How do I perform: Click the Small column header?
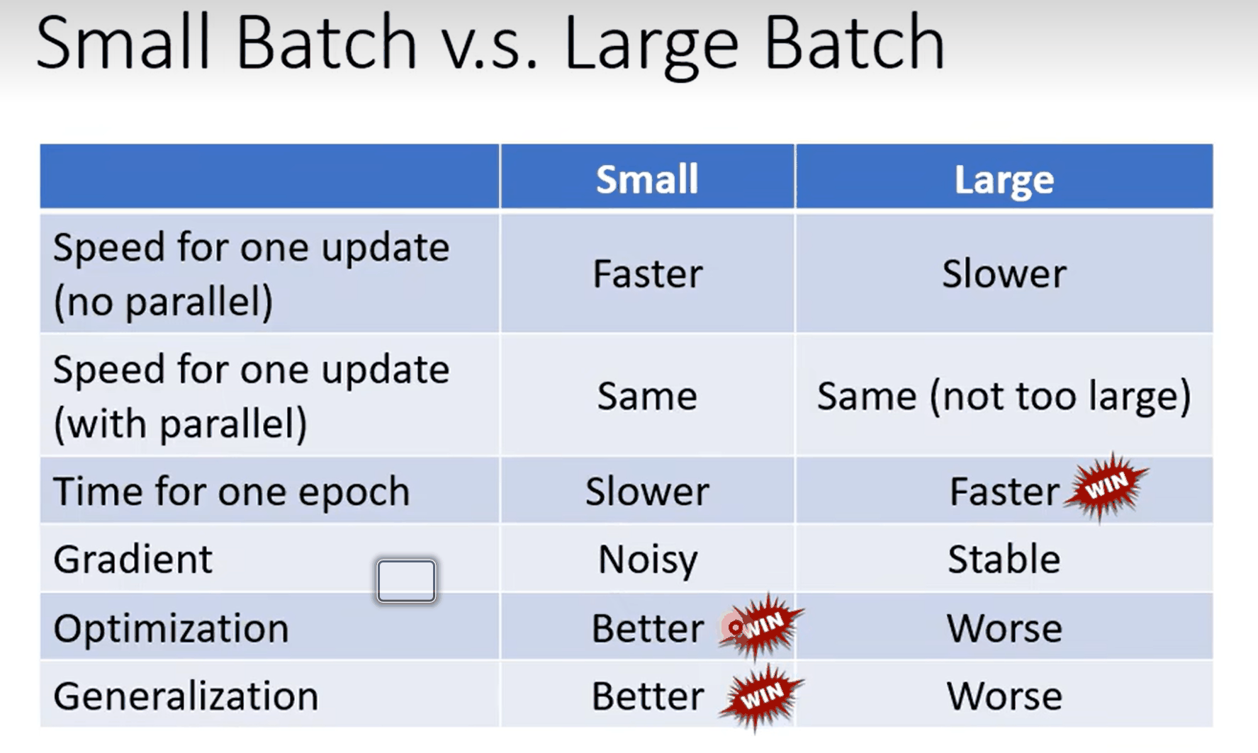647,179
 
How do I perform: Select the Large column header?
1004,179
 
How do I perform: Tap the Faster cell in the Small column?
648,273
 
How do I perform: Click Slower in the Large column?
1004,273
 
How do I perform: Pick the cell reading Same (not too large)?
1004,396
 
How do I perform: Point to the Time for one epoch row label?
232,491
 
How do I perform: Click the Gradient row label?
133,559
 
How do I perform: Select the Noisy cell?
648,560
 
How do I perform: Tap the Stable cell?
1004,559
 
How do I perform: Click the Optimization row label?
171,628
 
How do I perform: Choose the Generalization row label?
186,696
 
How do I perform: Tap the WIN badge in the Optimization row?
762,625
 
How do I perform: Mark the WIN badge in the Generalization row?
762,696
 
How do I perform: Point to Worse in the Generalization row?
1004,696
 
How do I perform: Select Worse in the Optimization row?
1004,628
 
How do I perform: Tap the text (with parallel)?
180,424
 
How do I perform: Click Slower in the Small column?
647,491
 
